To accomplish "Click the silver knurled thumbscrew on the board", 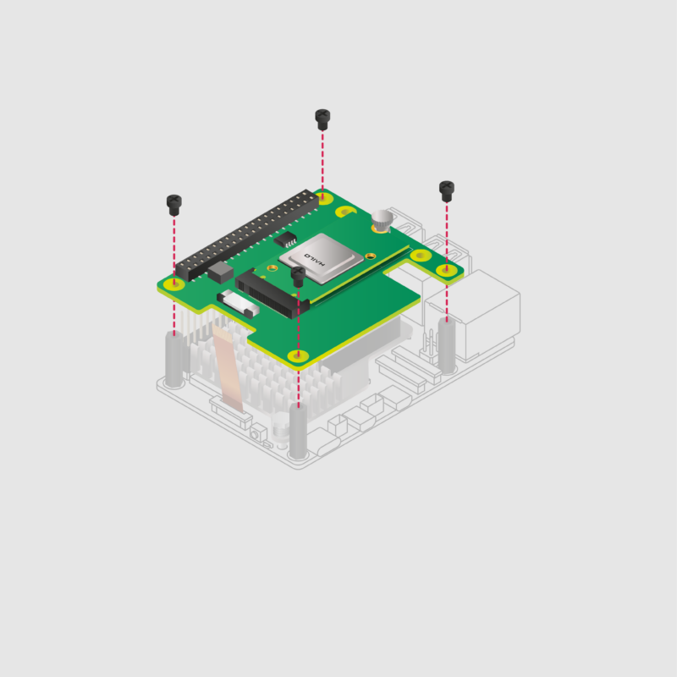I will click(x=383, y=220).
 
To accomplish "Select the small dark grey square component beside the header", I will click(x=219, y=272).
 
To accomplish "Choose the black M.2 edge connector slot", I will click(x=269, y=291).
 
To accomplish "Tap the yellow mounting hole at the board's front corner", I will click(x=297, y=355).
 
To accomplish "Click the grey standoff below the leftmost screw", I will click(x=173, y=360).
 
